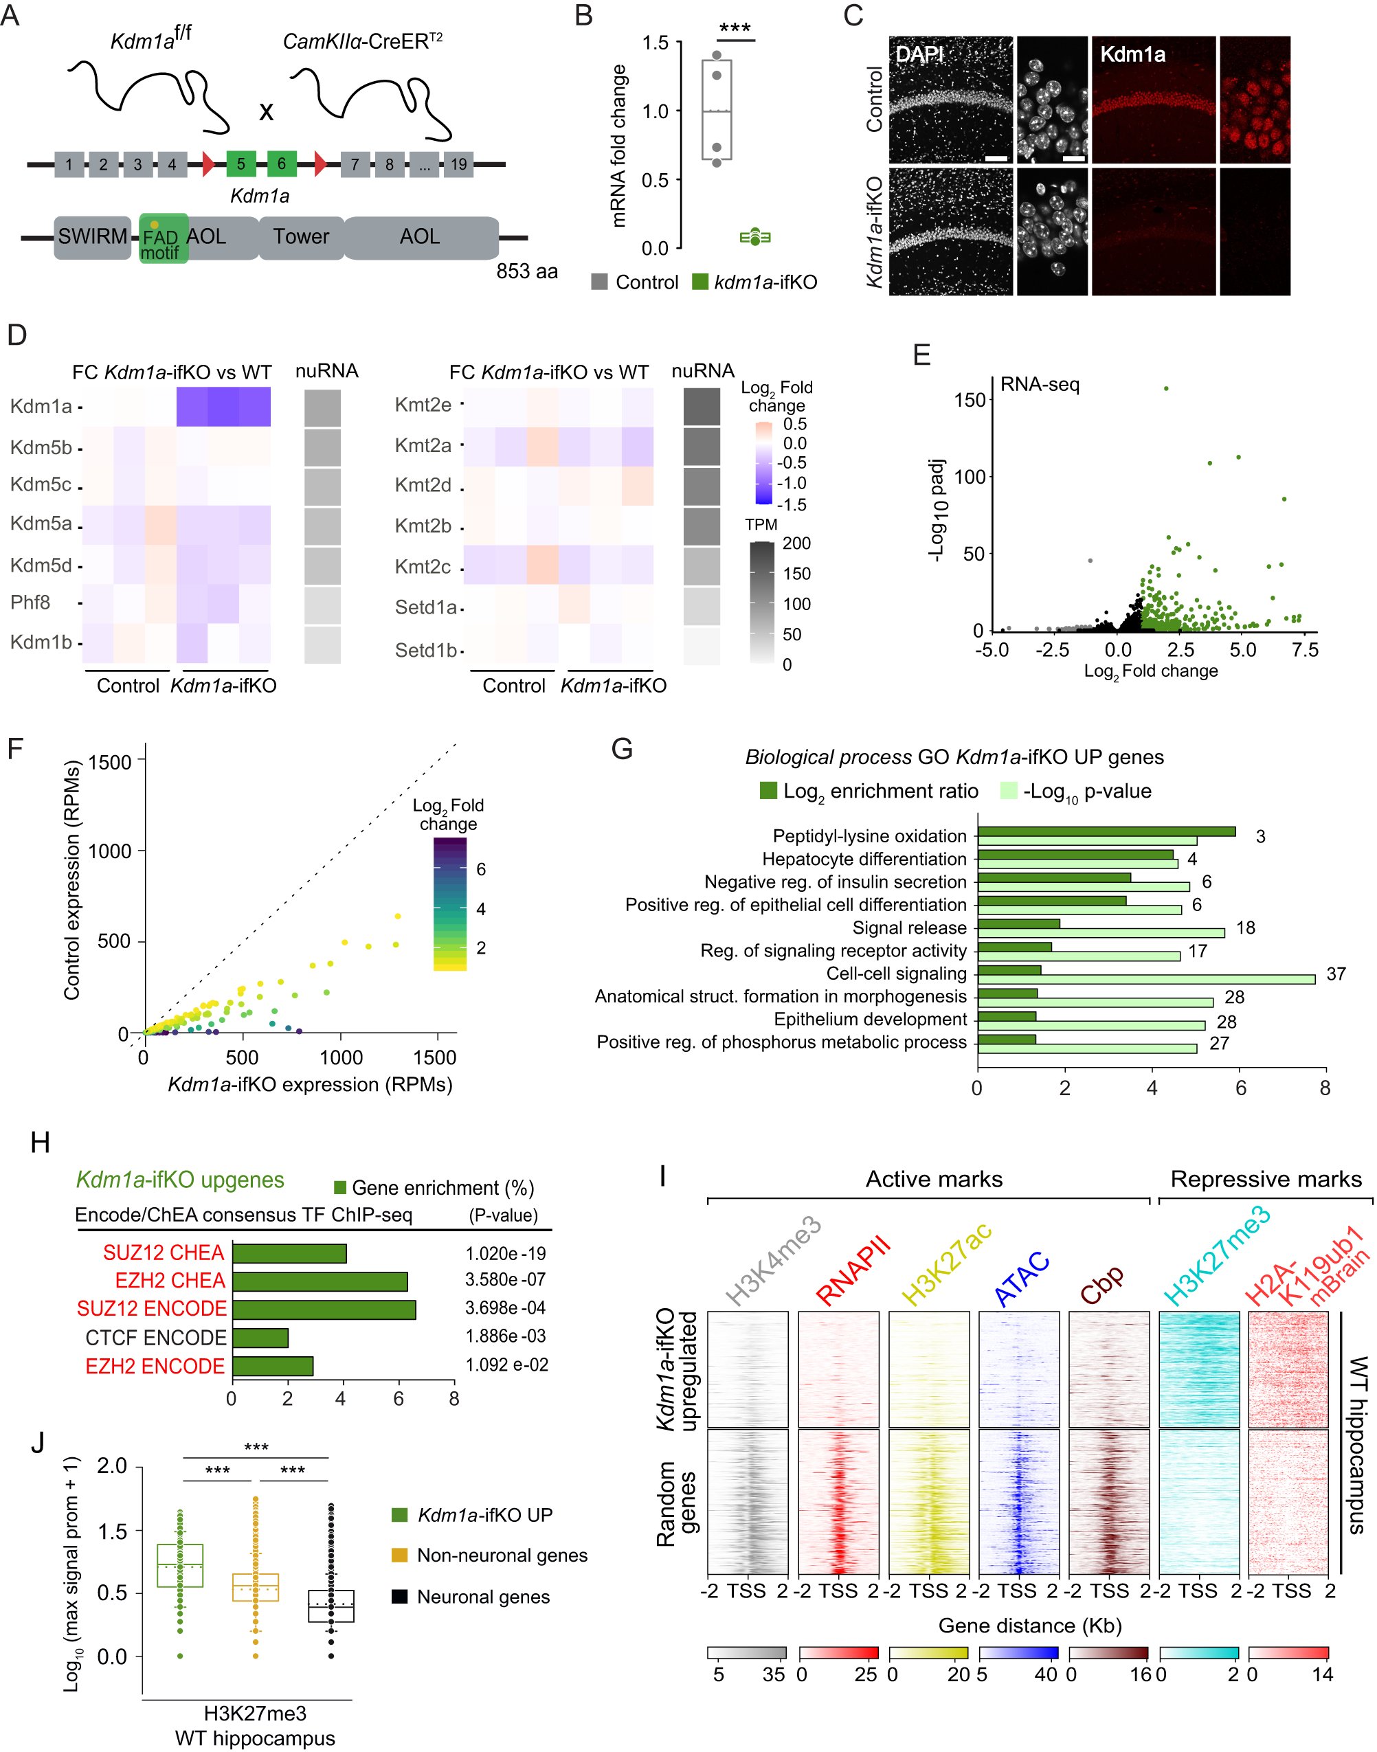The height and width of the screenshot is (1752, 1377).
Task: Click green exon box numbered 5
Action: [240, 164]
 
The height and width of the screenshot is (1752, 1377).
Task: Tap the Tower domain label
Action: [301, 236]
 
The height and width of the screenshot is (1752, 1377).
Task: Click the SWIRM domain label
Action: [92, 236]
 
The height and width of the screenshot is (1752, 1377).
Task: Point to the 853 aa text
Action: [526, 271]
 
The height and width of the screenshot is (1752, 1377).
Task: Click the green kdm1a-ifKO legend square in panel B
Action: [699, 282]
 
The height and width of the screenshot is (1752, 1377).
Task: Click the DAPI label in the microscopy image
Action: [919, 55]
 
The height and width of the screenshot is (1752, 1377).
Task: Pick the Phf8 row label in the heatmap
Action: [31, 603]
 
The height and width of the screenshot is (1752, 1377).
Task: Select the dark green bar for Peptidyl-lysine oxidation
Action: [1106, 831]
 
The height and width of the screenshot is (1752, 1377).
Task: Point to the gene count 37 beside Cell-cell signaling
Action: [1336, 974]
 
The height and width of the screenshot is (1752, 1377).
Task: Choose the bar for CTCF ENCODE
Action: [260, 1338]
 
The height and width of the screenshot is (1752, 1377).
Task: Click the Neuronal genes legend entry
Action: [482, 1597]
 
